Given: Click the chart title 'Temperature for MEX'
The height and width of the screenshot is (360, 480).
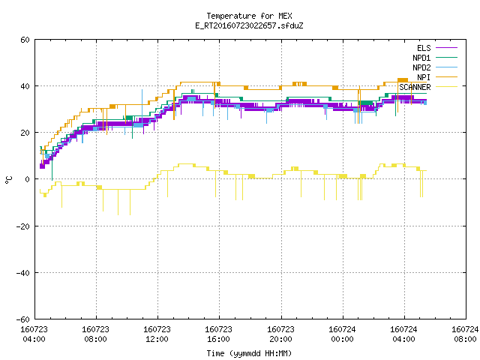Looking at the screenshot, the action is click(249, 16).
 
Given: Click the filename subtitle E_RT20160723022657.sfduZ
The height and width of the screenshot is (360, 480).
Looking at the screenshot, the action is click(249, 25).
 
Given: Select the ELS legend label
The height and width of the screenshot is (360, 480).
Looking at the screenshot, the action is click(424, 48).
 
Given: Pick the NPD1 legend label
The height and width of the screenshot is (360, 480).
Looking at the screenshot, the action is click(421, 58).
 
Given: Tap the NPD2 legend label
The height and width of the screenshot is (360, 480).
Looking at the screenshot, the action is click(421, 67).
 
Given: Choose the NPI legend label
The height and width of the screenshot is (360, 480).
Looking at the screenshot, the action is click(424, 77).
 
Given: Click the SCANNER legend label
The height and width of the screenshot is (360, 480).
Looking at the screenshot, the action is click(415, 87).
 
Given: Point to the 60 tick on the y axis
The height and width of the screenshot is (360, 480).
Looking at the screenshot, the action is click(25, 40).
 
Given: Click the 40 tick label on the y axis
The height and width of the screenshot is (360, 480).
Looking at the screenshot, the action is click(25, 86).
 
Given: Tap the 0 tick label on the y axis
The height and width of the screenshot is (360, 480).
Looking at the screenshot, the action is click(28, 179).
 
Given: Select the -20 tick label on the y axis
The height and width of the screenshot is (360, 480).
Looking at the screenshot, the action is click(23, 226).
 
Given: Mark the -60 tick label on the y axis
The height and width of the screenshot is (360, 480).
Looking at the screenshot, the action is click(23, 319).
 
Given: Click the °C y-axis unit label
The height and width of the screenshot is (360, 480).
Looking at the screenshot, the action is click(8, 180).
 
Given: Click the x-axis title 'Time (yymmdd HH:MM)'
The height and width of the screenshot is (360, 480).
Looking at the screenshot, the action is click(249, 353).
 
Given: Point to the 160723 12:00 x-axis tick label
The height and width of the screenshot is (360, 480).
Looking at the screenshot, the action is click(157, 334).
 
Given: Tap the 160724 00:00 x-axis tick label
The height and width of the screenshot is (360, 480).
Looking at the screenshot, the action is click(342, 334).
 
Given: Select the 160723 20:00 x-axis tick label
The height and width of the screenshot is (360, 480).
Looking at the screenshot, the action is click(280, 334).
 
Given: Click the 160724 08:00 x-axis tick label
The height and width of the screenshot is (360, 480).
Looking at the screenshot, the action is click(465, 334).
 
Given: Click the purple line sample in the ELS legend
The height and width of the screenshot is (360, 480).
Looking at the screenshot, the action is click(446, 48).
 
